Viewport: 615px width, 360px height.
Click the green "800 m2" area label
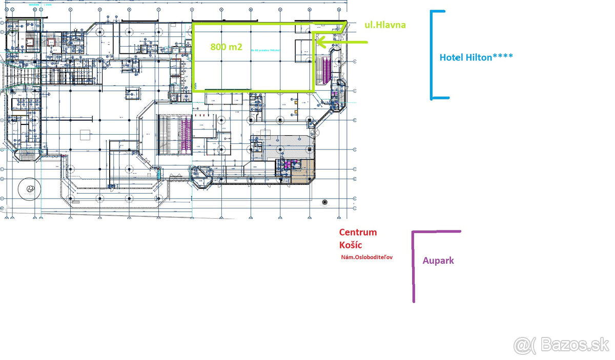pyautogui.click(x=226, y=47)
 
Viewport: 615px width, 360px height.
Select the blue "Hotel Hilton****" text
pyautogui.click(x=476, y=57)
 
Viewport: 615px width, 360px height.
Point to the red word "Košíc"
pyautogui.click(x=351, y=245)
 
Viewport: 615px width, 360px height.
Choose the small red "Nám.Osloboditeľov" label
pyautogui.click(x=366, y=258)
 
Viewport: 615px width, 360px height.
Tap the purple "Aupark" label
pyautogui.click(x=438, y=261)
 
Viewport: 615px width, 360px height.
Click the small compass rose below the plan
pyautogui.click(x=324, y=202)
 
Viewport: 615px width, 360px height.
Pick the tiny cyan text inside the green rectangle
pyautogui.click(x=266, y=51)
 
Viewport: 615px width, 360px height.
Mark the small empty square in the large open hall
pyautogui.click(x=85, y=135)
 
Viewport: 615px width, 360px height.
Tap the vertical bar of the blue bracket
pyautogui.click(x=432, y=54)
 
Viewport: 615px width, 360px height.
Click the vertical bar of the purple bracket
pyautogui.click(x=414, y=266)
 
